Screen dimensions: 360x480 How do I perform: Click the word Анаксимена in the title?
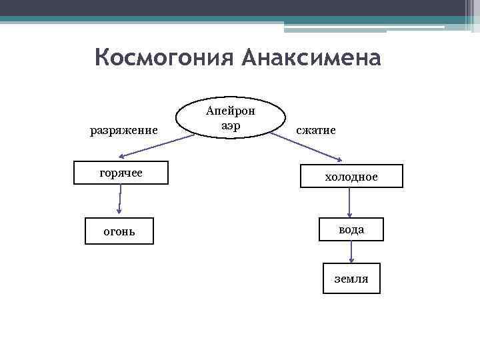tap(311, 58)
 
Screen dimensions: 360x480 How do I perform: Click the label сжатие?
tap(316, 129)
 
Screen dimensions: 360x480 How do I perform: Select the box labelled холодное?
tap(351, 176)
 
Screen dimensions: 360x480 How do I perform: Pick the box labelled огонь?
tap(119, 231)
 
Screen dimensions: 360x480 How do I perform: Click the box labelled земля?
tap(351, 278)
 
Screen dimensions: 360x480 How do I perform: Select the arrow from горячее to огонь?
tap(120, 199)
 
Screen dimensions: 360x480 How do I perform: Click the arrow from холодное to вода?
tap(351, 202)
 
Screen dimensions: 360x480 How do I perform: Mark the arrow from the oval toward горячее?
tap(160, 145)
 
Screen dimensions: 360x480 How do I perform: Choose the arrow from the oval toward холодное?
tap(307, 145)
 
